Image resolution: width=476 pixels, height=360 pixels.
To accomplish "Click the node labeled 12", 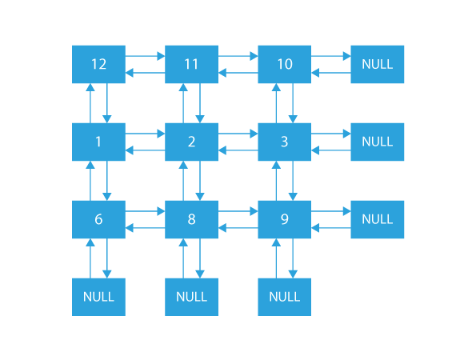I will (x=98, y=64).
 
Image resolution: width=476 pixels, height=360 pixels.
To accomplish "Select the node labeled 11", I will (x=191, y=64).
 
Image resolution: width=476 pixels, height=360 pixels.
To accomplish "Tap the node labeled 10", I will (x=284, y=64).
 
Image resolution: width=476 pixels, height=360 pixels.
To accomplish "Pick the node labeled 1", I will (x=98, y=142).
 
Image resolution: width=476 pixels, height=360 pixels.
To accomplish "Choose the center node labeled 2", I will (x=191, y=142).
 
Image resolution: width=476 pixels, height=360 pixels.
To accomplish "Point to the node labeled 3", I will (x=284, y=142).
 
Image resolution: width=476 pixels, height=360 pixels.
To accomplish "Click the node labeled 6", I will (x=98, y=219).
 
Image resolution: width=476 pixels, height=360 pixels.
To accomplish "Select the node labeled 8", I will (x=191, y=219).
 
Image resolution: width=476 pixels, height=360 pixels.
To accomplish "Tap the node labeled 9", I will (x=284, y=219).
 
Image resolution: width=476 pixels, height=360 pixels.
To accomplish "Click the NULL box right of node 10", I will (x=377, y=64).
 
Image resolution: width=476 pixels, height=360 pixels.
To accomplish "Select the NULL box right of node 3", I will (x=377, y=142).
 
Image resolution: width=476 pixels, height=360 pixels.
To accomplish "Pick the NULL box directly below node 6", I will (x=98, y=297).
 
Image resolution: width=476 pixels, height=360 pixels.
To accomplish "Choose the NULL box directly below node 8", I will (x=191, y=297).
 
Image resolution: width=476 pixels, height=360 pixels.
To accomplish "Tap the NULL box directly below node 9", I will (x=284, y=297).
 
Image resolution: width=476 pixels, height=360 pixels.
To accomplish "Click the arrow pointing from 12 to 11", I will (x=145, y=57).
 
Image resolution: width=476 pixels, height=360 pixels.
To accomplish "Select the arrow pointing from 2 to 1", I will (x=145, y=150).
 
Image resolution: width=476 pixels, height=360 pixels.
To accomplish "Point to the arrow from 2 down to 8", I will (x=199, y=181).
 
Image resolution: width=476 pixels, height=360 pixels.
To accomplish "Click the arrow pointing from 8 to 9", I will (x=238, y=212).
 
